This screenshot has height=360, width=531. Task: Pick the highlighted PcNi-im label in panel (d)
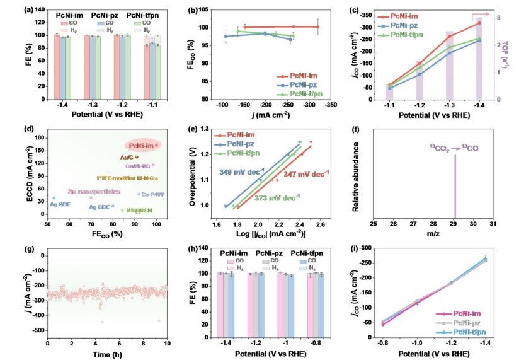click(x=141, y=146)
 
